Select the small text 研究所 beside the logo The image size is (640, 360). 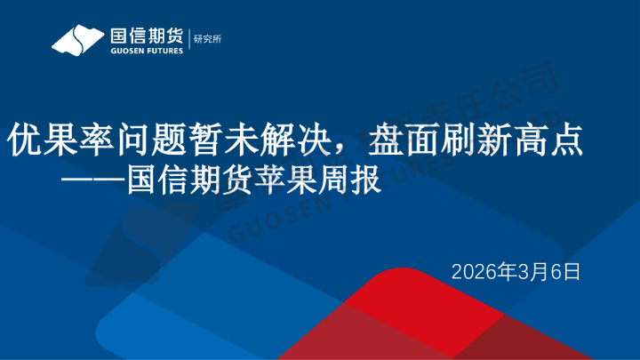pos(206,39)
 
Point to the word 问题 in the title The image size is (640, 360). pos(132,140)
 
